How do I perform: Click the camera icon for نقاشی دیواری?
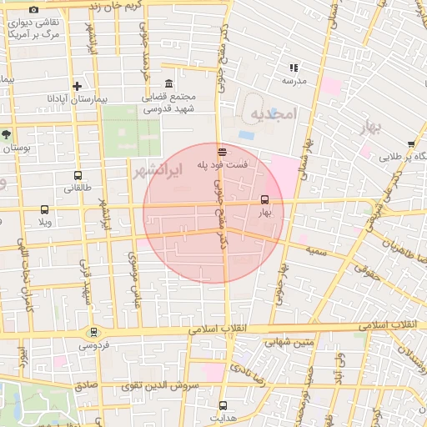(33, 8)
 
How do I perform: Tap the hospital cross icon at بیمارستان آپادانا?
(78, 86)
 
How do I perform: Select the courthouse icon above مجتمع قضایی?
(170, 84)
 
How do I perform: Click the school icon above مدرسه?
(294, 67)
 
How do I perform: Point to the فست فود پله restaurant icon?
(222, 152)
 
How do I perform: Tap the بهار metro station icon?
(265, 199)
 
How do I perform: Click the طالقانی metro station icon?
(78, 176)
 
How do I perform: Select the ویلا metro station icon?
(45, 210)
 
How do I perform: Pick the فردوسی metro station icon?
(94, 331)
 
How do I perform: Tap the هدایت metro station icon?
(222, 404)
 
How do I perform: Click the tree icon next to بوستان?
(6, 133)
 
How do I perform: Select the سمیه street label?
(314, 250)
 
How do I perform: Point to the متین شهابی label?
(289, 341)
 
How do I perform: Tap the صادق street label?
(86, 385)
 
